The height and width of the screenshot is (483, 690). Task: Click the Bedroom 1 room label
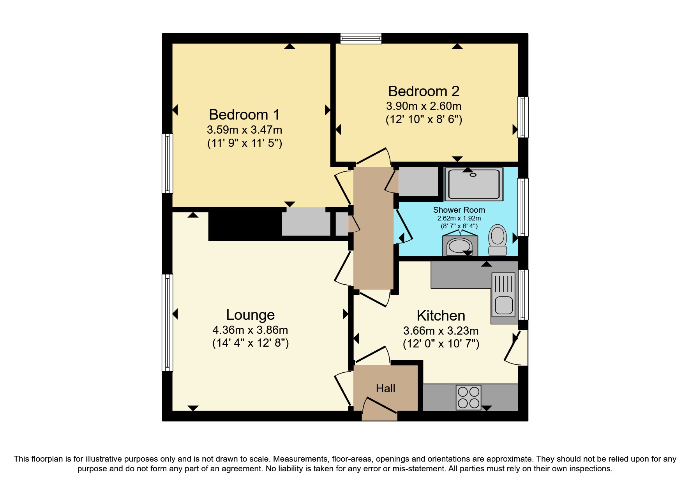(x=244, y=115)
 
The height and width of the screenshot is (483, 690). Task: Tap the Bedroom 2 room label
(x=424, y=91)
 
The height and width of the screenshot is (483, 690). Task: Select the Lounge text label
(x=250, y=315)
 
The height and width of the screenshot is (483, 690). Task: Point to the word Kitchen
(x=441, y=316)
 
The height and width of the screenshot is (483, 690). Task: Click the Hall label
(x=385, y=388)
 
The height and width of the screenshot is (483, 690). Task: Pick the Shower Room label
(x=459, y=210)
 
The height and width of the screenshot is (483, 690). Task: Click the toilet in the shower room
(x=498, y=240)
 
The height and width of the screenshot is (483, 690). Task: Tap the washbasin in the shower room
(x=459, y=246)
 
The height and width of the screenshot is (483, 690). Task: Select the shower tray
(x=474, y=184)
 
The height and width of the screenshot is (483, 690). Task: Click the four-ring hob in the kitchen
(x=469, y=397)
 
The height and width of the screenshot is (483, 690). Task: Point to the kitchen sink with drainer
(x=504, y=298)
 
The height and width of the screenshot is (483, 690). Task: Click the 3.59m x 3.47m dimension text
(x=244, y=130)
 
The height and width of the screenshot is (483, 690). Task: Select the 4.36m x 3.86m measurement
(x=250, y=330)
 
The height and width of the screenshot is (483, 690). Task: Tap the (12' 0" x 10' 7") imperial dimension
(x=441, y=344)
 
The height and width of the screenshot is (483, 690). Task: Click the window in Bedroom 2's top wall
(x=360, y=38)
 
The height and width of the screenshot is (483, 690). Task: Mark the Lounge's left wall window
(x=167, y=323)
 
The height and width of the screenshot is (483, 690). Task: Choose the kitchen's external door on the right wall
(x=515, y=348)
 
